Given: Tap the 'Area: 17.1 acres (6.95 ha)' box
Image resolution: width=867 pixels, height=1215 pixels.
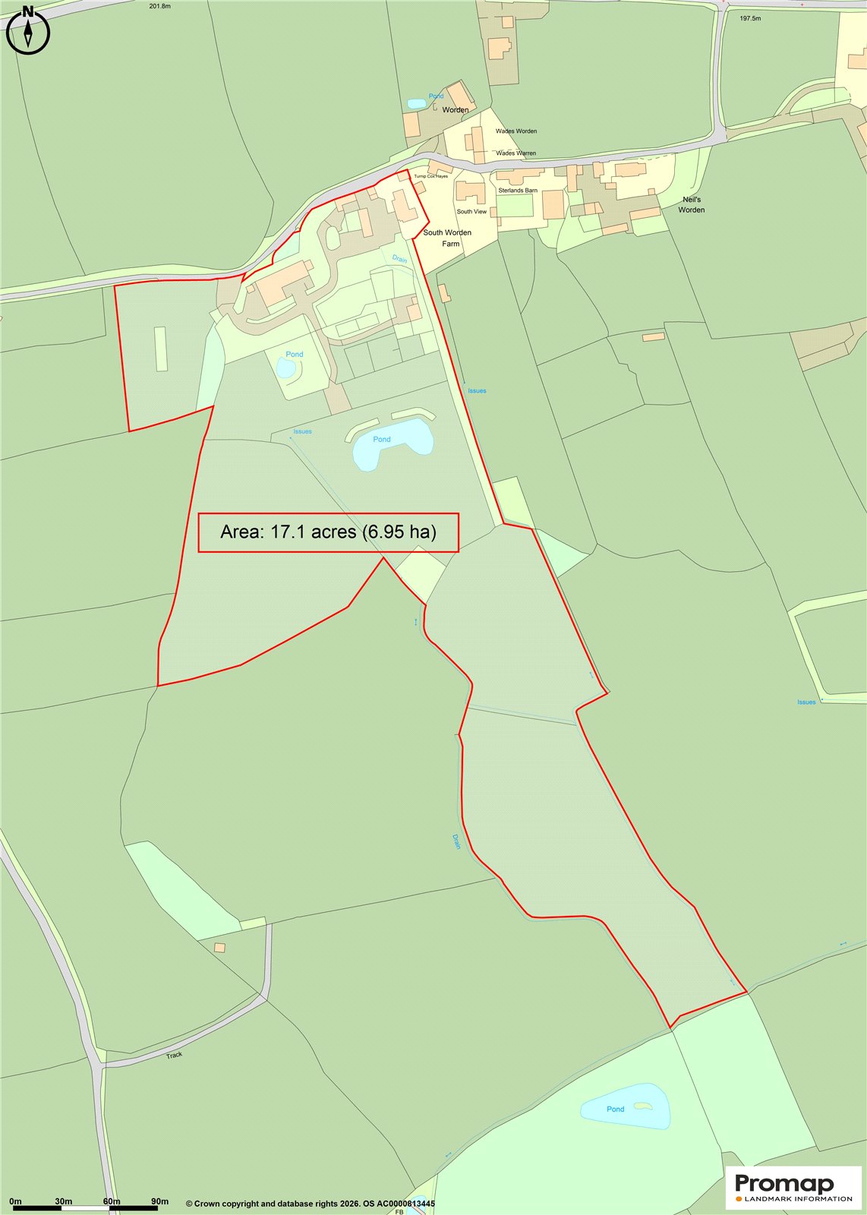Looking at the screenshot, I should [x=328, y=532].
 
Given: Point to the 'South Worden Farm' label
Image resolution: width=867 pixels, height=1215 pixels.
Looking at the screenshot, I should [x=447, y=238].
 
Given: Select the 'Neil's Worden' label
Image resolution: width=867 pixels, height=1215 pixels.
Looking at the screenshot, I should [x=691, y=204].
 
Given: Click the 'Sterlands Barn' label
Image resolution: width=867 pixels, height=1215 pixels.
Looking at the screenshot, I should [x=518, y=191].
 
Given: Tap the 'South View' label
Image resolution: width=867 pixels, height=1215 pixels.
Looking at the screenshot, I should [x=471, y=212].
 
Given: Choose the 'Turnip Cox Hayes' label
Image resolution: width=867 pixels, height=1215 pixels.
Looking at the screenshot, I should [x=430, y=176].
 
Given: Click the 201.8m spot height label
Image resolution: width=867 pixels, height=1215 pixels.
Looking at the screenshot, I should [x=160, y=6].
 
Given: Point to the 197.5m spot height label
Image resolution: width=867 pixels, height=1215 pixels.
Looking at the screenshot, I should [x=749, y=18].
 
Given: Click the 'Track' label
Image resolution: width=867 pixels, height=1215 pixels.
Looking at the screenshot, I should [x=175, y=1055].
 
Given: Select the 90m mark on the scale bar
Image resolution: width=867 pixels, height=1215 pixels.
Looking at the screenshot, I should [x=159, y=1201].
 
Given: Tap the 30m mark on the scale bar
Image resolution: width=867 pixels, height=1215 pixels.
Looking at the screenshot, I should [x=64, y=1201].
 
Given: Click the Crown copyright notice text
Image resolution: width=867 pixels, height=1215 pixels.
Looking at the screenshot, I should [x=311, y=1204].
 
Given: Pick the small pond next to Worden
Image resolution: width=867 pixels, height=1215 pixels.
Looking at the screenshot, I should [x=416, y=103].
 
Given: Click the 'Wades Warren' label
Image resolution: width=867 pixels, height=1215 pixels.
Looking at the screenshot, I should [x=515, y=153].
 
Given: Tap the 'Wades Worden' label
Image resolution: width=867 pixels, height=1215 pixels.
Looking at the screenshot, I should [x=516, y=131].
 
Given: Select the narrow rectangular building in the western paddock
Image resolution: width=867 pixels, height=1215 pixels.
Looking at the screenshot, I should [x=161, y=349].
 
